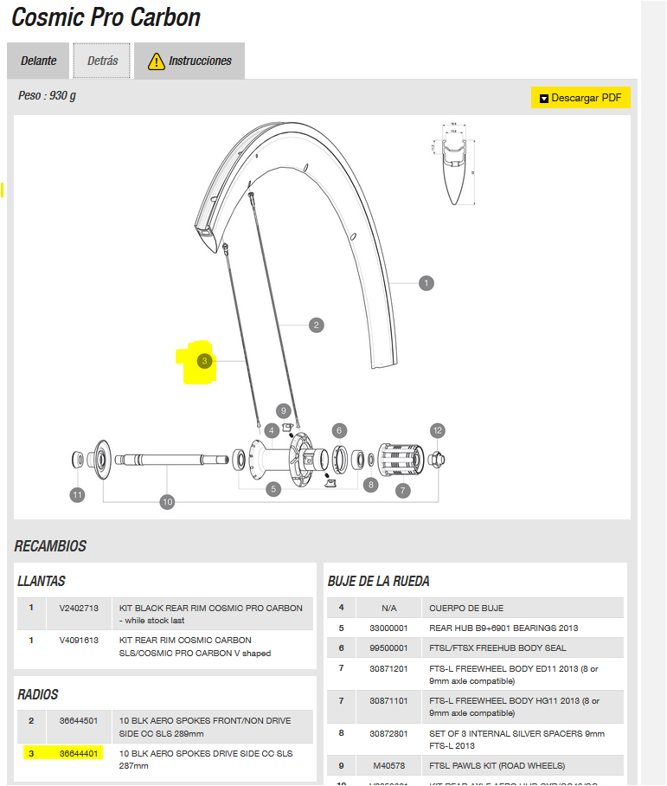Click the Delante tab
(39, 61)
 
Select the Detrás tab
(101, 61)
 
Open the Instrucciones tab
(189, 61)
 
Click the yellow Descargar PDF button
(580, 98)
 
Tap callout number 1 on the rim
(426, 283)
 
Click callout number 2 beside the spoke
(317, 325)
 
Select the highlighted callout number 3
(204, 361)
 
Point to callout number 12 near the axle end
(438, 430)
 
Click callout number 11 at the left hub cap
(78, 495)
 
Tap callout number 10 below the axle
(168, 501)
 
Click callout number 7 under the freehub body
(403, 491)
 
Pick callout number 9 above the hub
(283, 410)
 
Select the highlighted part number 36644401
(78, 754)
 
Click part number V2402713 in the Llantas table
(78, 608)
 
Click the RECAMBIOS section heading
(50, 546)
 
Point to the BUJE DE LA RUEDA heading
(378, 582)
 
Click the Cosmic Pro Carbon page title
(106, 17)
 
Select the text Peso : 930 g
(47, 96)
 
